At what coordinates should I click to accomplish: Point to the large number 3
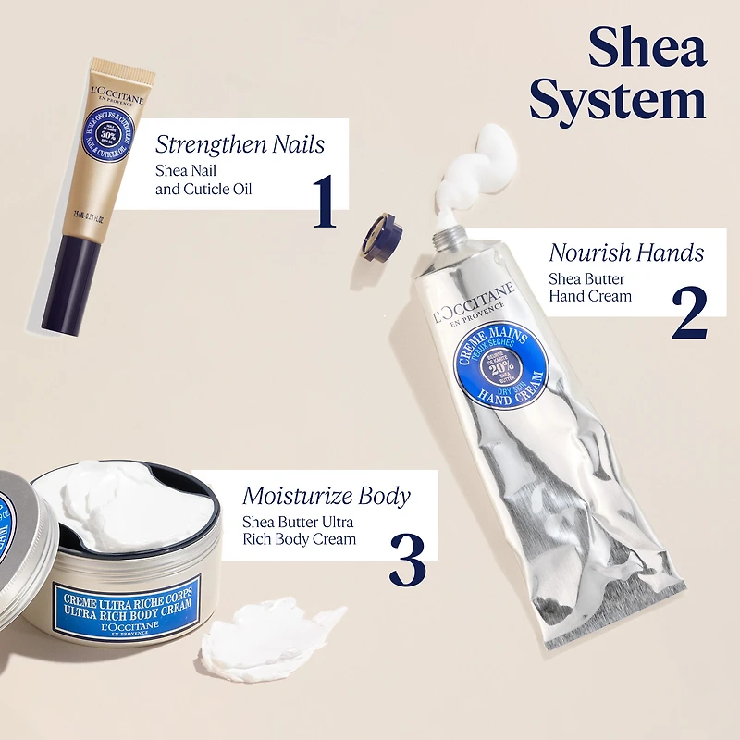click(407, 557)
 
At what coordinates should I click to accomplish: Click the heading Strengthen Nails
click(240, 143)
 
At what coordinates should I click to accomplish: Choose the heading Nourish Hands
click(626, 253)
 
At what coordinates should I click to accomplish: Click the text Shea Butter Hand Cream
click(590, 287)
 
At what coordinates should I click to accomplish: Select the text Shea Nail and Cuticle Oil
click(203, 180)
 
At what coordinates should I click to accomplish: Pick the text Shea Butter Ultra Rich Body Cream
click(299, 530)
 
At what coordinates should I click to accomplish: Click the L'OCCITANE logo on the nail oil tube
click(117, 97)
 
